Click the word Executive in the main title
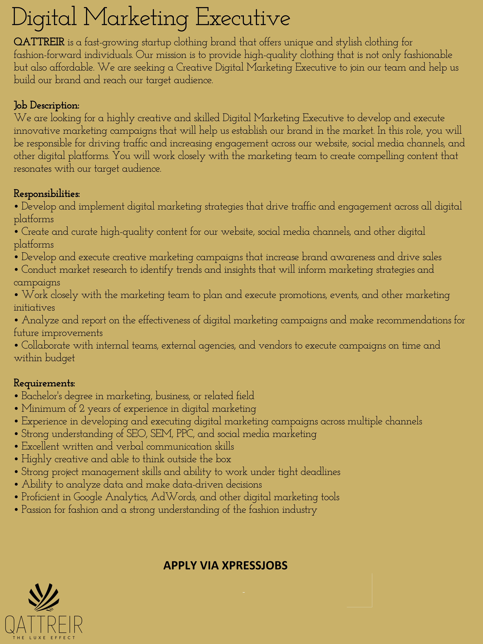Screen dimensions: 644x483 click(243, 18)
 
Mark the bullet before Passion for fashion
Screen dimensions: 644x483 click(16, 510)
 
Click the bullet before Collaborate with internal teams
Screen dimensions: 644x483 click(16, 346)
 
